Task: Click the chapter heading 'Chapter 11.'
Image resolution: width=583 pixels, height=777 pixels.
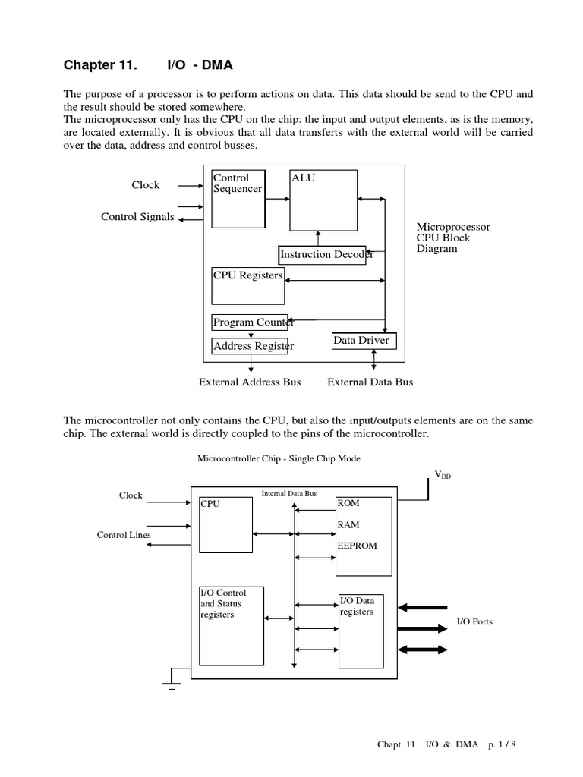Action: coord(100,65)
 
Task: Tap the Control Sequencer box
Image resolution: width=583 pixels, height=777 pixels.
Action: coord(238,199)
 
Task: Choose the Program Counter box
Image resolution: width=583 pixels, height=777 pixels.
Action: coord(250,322)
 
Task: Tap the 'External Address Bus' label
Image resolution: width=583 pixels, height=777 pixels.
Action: coord(250,382)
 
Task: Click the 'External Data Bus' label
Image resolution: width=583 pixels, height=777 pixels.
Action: coord(370,382)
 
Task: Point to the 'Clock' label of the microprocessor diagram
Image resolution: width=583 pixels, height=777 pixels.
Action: coord(146,184)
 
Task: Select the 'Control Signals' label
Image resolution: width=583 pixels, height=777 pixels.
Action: coord(137,217)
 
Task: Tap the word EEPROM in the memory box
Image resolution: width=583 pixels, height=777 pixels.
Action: coord(357,545)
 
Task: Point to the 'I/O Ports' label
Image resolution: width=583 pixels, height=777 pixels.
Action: coord(474,621)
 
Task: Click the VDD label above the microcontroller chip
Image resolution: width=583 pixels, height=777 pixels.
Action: coord(442,475)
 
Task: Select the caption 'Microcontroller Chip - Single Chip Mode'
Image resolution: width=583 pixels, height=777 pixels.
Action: coord(279,458)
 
